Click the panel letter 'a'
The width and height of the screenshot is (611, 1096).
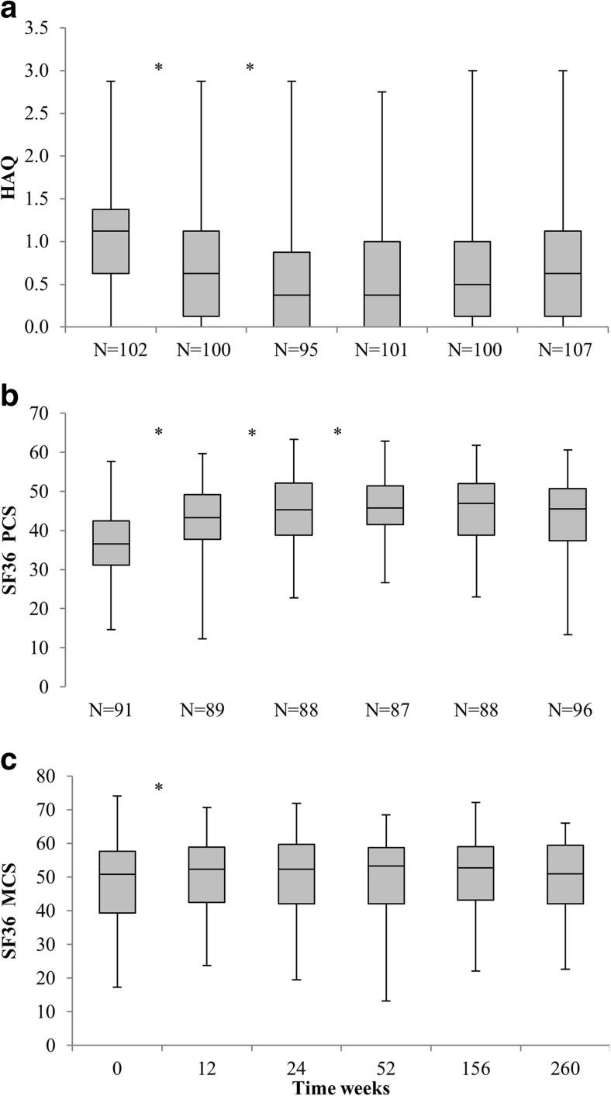click(11, 13)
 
